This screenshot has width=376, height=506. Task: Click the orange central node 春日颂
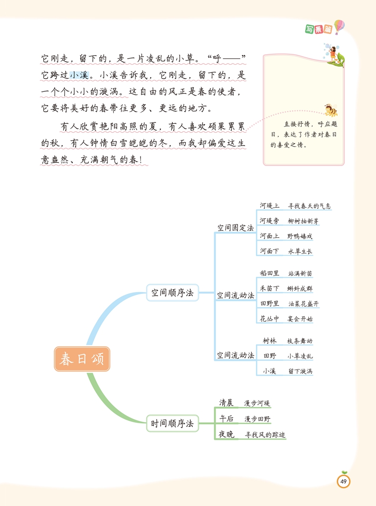click(x=82, y=359)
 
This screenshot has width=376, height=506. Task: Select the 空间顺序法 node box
click(x=172, y=293)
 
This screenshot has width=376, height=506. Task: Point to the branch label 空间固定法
click(x=236, y=228)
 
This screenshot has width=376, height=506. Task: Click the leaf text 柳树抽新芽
click(x=303, y=221)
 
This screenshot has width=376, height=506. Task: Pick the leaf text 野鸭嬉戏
click(x=300, y=236)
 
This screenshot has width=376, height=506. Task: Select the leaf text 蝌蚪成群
click(x=300, y=289)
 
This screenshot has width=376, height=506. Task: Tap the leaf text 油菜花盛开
click(x=303, y=303)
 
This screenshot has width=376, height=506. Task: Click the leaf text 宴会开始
click(x=300, y=319)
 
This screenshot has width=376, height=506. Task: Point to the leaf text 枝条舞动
click(x=300, y=341)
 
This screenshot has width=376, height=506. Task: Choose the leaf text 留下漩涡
click(x=300, y=371)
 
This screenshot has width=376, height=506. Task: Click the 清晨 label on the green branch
click(x=226, y=403)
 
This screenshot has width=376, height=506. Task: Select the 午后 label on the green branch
click(x=226, y=418)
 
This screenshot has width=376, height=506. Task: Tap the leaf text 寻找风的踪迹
click(x=265, y=434)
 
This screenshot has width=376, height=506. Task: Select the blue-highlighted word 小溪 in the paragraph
click(x=79, y=75)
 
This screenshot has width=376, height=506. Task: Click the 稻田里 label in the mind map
click(x=269, y=273)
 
